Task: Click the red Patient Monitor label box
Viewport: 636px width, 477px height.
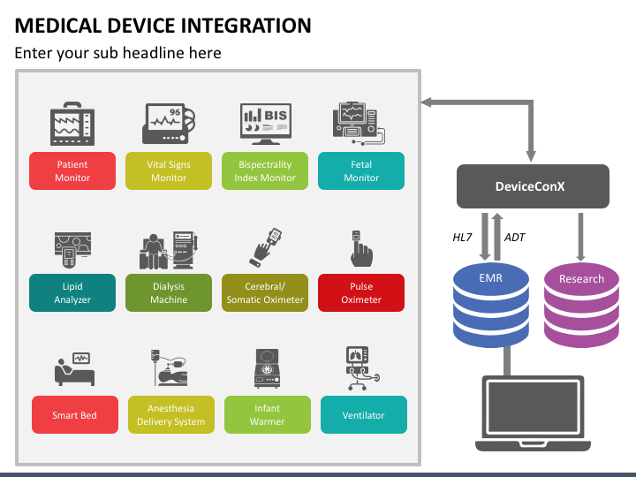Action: tap(72, 170)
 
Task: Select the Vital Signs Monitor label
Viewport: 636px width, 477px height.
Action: tap(169, 170)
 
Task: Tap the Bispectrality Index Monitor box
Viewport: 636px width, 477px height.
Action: tap(265, 170)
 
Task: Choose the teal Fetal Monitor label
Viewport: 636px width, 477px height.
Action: tap(361, 170)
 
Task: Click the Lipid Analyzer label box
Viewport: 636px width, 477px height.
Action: tap(72, 293)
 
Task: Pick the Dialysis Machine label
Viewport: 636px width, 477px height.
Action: tap(169, 293)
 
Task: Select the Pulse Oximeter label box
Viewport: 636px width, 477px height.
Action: tap(361, 293)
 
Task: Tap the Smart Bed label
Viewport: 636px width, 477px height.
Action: tap(75, 415)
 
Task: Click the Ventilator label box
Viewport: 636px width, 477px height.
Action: tap(364, 415)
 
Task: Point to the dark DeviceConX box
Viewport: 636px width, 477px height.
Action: tap(533, 186)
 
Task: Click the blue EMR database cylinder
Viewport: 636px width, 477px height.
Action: tap(491, 305)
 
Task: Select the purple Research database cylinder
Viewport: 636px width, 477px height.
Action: tap(581, 305)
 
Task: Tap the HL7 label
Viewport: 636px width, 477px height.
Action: tap(462, 238)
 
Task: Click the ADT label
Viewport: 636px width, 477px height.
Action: tap(515, 238)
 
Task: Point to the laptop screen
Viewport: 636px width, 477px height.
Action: tap(533, 406)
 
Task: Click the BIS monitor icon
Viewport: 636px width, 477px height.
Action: tap(266, 124)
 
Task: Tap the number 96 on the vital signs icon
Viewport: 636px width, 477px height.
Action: tap(175, 112)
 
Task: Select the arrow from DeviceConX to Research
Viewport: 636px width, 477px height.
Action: tap(581, 238)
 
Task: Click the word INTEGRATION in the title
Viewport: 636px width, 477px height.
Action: tap(246, 26)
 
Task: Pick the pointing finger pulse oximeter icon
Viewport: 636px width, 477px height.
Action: tap(361, 248)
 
